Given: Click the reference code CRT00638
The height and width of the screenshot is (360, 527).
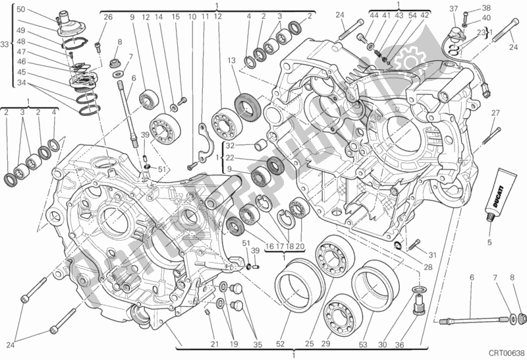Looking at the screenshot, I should [503, 353].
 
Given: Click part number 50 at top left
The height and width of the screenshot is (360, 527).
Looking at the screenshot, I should [20, 9].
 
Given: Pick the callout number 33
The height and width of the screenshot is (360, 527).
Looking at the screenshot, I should [6, 45].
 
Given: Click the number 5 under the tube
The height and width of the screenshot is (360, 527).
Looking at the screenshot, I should [489, 242].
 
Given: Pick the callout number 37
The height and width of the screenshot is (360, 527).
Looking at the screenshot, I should [454, 9].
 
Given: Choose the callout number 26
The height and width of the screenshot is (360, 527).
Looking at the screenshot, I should [108, 16].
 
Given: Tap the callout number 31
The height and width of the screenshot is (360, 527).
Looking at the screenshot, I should [432, 256].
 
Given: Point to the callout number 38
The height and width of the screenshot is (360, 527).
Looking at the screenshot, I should [487, 9].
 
